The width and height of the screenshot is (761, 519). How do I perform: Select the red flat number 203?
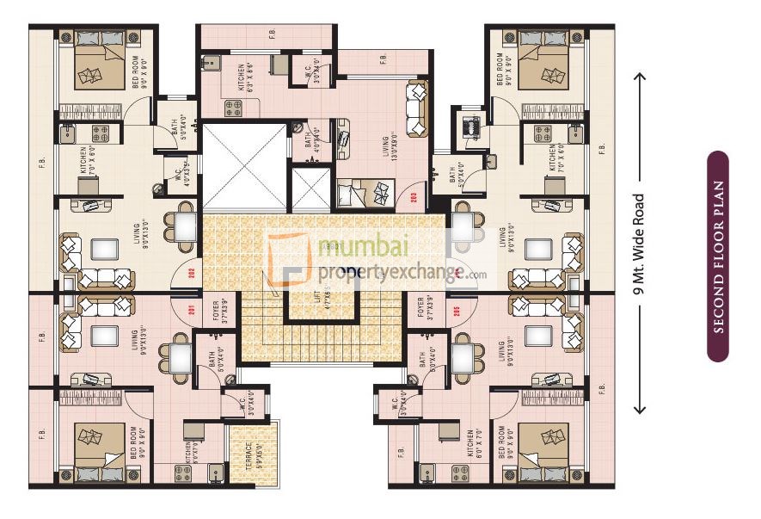tap(414, 196)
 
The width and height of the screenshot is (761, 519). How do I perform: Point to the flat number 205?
tap(457, 311)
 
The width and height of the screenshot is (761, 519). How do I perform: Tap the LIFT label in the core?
tap(318, 298)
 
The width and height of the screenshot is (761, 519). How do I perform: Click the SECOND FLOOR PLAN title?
tap(718, 256)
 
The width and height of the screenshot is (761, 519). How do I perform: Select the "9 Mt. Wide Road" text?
tap(639, 245)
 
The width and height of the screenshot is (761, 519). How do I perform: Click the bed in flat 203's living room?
tap(365, 193)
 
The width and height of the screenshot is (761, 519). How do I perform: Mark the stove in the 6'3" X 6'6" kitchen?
tap(234, 108)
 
